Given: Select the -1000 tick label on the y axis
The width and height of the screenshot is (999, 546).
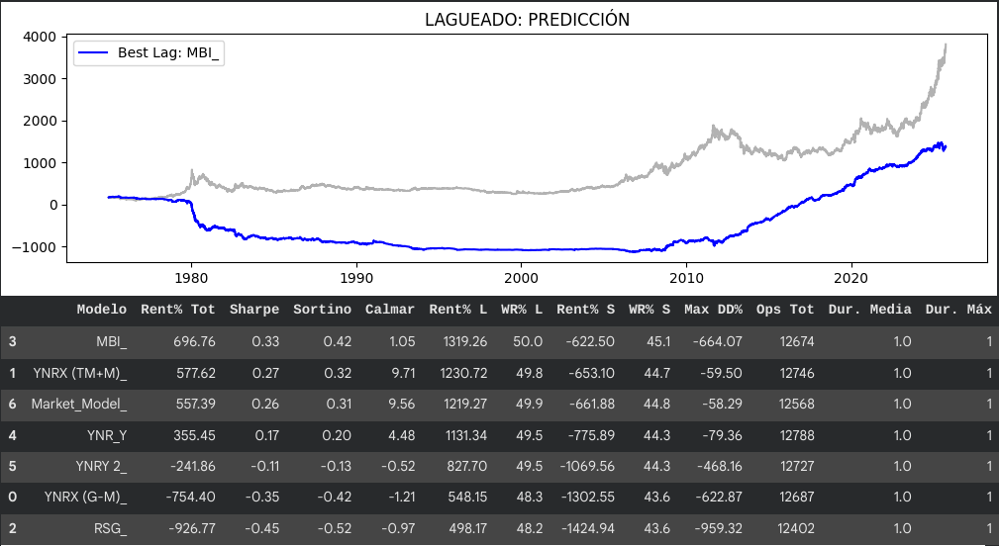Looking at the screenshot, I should (37, 247).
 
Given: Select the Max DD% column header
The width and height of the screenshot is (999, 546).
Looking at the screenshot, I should (713, 310).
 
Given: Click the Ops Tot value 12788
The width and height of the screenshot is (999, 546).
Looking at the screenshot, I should (791, 435).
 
